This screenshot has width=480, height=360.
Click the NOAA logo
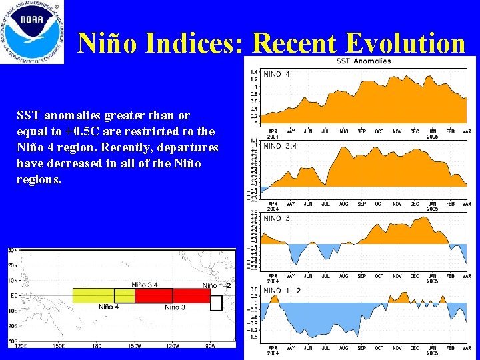[x=32, y=32]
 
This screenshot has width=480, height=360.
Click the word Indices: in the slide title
[x=199, y=43]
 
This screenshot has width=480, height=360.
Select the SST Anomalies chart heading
[x=363, y=61]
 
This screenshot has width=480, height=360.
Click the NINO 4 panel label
[x=277, y=74]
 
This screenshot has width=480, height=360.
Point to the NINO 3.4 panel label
[x=281, y=146]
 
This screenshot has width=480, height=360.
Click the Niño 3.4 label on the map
[x=145, y=285]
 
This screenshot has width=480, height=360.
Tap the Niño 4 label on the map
[x=109, y=307]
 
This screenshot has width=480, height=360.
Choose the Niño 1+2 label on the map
[x=217, y=285]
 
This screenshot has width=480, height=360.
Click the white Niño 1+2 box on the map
[x=215, y=303]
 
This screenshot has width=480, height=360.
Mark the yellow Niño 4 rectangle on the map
[x=93, y=295]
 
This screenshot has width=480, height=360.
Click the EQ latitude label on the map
[x=13, y=295]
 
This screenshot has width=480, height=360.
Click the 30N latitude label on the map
[x=13, y=251]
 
